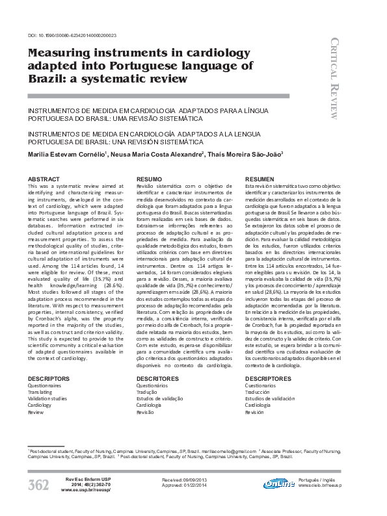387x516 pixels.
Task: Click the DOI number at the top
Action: point(72,35)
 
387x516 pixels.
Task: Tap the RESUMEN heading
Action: point(260,178)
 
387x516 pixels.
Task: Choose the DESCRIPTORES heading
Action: point(269,378)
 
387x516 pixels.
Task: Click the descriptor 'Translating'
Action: point(41,392)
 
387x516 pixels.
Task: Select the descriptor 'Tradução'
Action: point(148,392)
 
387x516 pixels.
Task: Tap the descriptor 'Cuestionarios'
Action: point(260,385)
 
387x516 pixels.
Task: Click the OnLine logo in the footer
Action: point(279,484)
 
